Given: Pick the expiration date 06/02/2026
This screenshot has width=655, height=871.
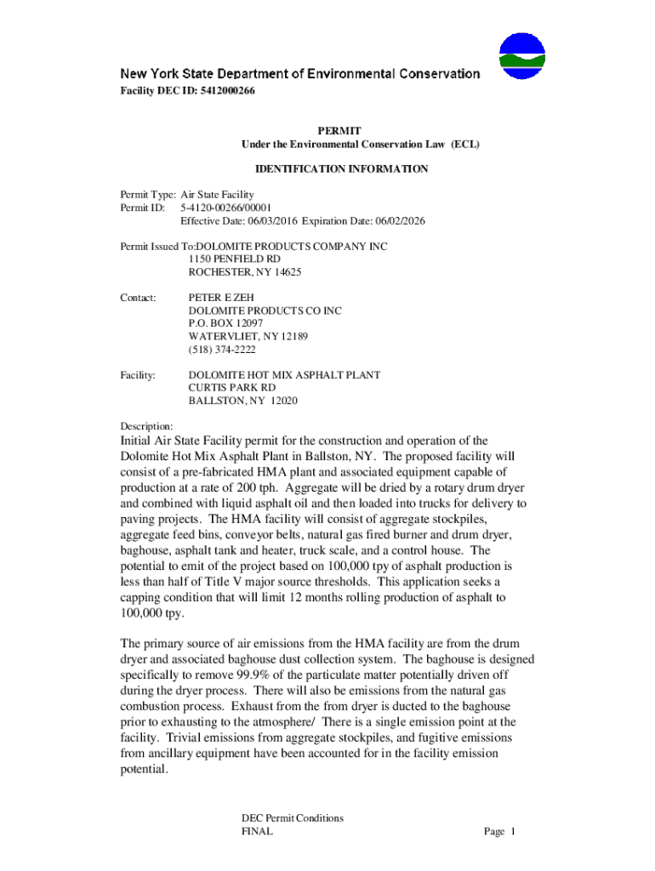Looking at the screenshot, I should [399, 221].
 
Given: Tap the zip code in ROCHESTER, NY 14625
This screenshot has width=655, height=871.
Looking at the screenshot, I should [287, 272].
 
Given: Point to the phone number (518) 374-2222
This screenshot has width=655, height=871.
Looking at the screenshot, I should [222, 350].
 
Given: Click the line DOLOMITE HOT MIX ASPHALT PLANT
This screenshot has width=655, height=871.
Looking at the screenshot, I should [284, 375].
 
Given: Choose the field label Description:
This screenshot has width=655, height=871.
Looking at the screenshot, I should [146, 426].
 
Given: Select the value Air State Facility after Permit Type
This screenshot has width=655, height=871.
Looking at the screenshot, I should [217, 195].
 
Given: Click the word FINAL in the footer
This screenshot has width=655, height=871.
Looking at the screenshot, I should [257, 832].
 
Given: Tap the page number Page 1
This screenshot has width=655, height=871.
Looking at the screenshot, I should [500, 832].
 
